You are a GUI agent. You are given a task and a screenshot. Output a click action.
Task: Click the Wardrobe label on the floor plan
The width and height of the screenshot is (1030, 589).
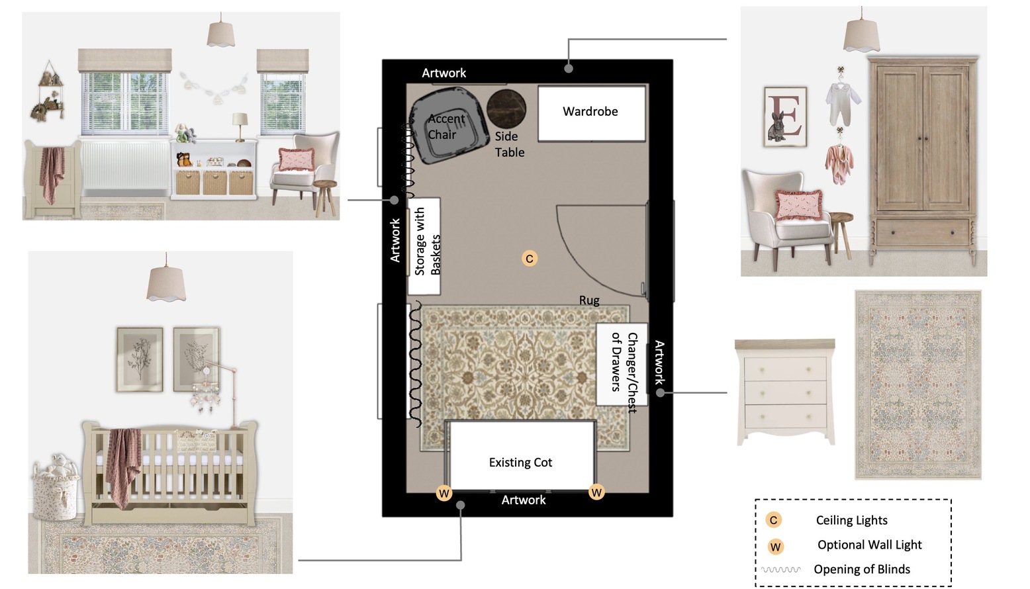tap(590, 111)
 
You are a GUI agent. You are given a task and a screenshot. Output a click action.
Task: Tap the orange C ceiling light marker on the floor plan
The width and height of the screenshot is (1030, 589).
tap(530, 258)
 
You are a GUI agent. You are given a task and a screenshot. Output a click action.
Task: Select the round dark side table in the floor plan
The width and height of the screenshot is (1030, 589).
tap(506, 109)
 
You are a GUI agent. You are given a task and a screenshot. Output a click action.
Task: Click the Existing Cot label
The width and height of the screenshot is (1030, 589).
tap(520, 462)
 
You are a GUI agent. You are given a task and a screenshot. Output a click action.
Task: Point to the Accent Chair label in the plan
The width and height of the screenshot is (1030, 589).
tap(446, 126)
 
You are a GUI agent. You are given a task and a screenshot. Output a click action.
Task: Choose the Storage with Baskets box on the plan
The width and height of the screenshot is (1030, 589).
tap(424, 246)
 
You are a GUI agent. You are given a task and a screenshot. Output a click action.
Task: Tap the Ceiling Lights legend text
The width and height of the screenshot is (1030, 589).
tap(851, 520)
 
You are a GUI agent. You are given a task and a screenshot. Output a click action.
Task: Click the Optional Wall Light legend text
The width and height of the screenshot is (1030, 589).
tap(870, 545)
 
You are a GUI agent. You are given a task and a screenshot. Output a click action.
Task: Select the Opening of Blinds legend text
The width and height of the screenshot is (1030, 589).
tap(862, 569)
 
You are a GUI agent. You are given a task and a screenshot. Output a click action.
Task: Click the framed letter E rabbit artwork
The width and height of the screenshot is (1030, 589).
tap(785, 116)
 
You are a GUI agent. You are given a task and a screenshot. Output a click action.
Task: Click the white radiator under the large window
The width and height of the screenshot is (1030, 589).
tap(125, 165)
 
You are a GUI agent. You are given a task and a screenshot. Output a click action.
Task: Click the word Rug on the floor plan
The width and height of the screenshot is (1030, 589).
tap(589, 300)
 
